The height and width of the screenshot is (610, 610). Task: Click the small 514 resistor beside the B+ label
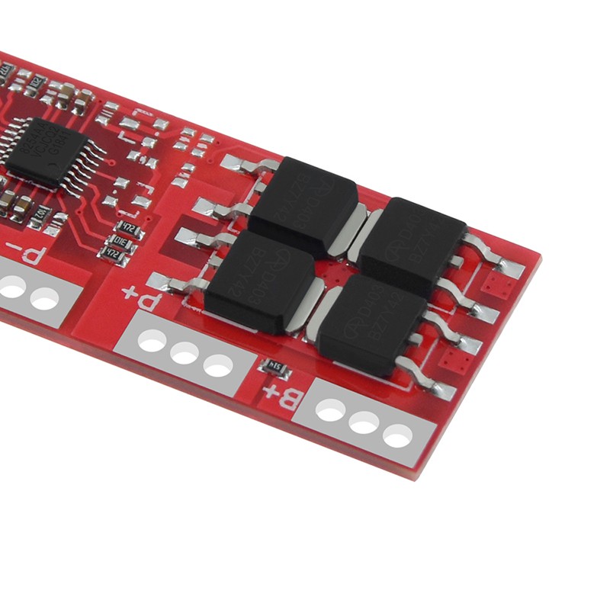pos(275,370)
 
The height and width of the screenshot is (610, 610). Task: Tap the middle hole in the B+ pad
pos(364,422)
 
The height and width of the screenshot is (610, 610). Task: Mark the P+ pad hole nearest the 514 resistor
pos(218,367)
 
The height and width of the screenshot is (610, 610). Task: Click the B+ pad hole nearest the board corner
pos(398,435)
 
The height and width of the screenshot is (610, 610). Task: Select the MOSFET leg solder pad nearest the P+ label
pos(163,282)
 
